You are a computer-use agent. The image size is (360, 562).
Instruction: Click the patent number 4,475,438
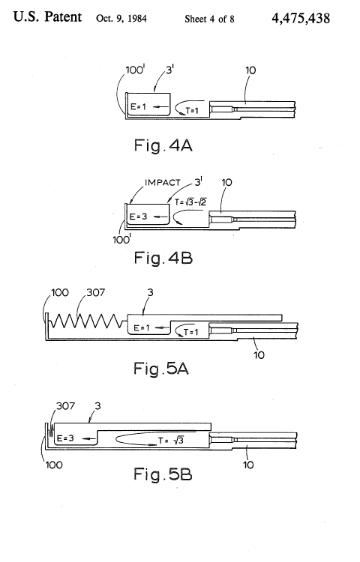pyautogui.click(x=301, y=18)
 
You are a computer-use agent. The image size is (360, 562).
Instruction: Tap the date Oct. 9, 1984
pyautogui.click(x=121, y=19)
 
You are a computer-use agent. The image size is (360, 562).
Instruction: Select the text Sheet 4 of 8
pyautogui.click(x=209, y=19)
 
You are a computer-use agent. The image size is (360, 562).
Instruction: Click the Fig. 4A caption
pyautogui.click(x=163, y=145)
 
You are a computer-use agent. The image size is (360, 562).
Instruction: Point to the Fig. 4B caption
pyautogui.click(x=163, y=258)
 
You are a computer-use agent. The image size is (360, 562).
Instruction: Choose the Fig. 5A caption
pyautogui.click(x=161, y=369)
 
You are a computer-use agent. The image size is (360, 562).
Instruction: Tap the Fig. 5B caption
pyautogui.click(x=163, y=474)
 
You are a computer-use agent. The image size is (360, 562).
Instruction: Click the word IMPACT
pyautogui.click(x=163, y=183)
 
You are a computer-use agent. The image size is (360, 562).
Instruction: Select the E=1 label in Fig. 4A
pyautogui.click(x=139, y=106)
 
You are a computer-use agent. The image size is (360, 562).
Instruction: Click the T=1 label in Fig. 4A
pyautogui.click(x=192, y=111)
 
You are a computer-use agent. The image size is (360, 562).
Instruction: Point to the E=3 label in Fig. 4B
pyautogui.click(x=138, y=217)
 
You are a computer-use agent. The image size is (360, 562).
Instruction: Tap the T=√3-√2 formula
pyautogui.click(x=190, y=202)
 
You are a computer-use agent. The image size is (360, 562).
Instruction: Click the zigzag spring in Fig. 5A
pyautogui.click(x=88, y=321)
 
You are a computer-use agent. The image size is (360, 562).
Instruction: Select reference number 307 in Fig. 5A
pyautogui.click(x=96, y=292)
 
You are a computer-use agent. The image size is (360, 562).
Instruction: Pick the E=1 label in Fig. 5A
pyautogui.click(x=141, y=327)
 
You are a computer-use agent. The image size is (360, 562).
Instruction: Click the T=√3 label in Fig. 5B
pyautogui.click(x=171, y=441)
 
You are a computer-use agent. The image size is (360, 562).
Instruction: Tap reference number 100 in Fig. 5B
pyautogui.click(x=54, y=465)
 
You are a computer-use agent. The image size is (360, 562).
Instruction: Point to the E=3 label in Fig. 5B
pyautogui.click(x=65, y=438)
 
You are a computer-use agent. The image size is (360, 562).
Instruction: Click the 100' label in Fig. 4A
pyautogui.click(x=135, y=70)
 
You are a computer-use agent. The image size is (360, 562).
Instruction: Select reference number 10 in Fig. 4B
pyautogui.click(x=226, y=182)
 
